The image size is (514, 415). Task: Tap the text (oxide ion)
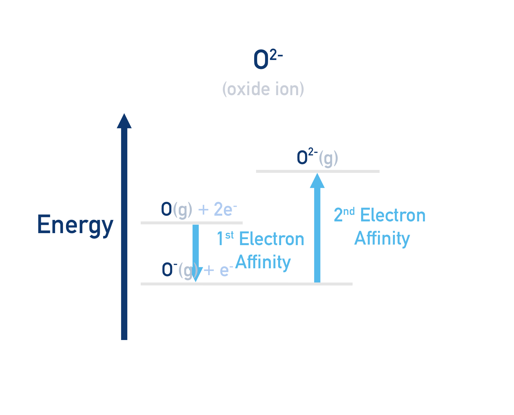(263, 89)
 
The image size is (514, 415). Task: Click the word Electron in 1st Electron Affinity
(271, 239)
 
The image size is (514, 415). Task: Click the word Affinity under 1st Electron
(263, 262)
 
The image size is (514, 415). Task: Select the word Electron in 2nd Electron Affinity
(392, 215)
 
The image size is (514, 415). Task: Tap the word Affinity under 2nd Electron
(382, 238)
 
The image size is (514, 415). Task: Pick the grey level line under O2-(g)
(317, 171)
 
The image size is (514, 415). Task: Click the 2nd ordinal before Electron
(344, 214)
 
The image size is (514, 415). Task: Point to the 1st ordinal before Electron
(225, 238)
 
